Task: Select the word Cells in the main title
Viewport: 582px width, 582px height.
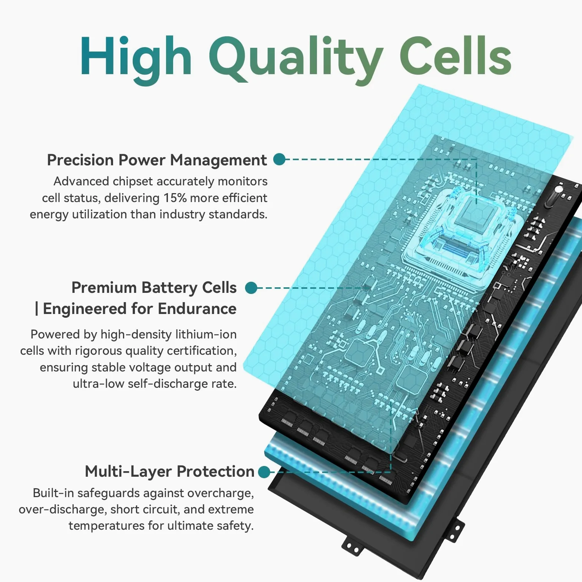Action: click(456, 56)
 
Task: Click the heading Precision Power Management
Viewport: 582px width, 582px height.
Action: click(157, 160)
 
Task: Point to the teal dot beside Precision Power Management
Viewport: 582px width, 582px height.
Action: click(279, 159)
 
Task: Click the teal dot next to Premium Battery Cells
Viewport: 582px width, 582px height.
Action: click(251, 288)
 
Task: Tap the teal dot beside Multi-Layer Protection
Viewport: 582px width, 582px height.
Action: click(264, 472)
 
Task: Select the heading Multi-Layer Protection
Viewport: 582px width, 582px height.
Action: click(170, 472)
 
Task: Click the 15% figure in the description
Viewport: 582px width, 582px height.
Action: click(175, 198)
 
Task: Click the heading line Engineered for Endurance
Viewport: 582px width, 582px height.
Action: click(140, 309)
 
